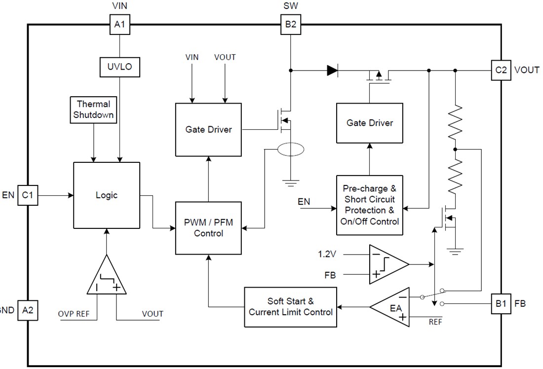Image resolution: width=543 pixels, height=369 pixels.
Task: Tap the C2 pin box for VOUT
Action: (x=501, y=70)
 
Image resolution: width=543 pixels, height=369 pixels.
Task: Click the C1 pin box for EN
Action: (x=28, y=195)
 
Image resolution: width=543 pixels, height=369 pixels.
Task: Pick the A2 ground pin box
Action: (x=28, y=310)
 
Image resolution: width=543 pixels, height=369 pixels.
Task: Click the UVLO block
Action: (x=120, y=67)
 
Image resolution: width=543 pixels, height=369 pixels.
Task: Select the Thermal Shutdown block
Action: (x=93, y=110)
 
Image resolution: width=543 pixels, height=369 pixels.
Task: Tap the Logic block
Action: (x=107, y=195)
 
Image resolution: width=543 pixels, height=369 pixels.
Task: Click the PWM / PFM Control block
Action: (x=208, y=228)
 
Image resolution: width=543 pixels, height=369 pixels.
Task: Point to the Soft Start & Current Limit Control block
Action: (x=291, y=306)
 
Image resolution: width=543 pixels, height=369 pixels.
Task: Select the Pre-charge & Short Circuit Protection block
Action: (x=370, y=205)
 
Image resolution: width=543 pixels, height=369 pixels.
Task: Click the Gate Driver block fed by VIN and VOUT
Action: (x=208, y=130)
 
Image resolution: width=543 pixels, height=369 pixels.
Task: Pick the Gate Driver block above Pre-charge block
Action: (x=370, y=123)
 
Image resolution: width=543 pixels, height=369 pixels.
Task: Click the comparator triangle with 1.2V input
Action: (x=386, y=265)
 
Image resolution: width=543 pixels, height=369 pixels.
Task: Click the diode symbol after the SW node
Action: (x=332, y=71)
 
